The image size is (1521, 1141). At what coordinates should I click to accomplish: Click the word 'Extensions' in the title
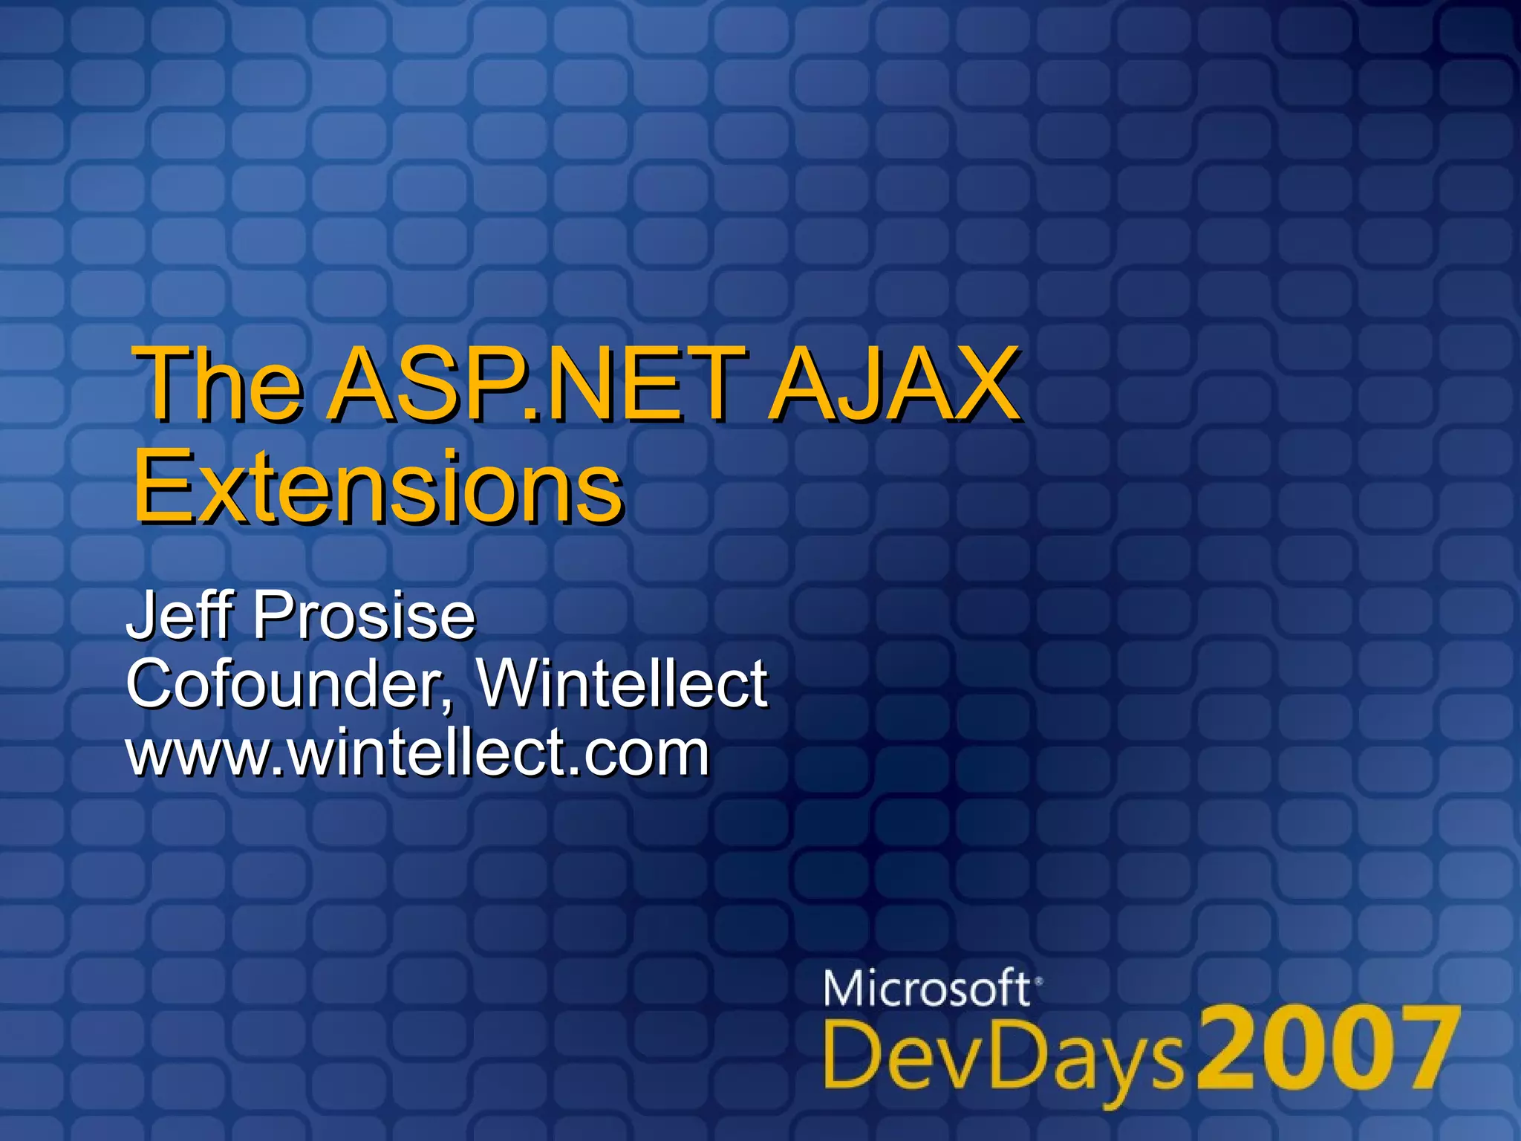click(x=379, y=487)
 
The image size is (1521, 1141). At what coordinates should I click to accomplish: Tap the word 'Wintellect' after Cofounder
click(x=622, y=683)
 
